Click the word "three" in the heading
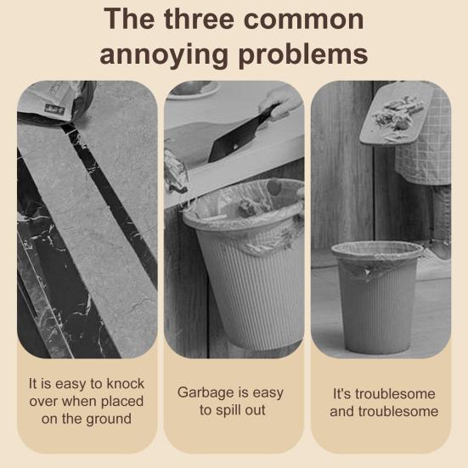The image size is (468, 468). pos(199,19)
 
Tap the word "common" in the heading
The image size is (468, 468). pos(304,20)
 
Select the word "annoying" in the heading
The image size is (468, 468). pos(164,55)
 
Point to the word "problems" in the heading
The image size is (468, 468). pos(303,54)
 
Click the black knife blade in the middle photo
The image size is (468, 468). pos(237,137)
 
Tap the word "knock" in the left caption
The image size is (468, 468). pos(126,384)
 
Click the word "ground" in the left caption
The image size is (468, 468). pos(109,420)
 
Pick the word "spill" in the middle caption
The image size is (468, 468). pos(228,410)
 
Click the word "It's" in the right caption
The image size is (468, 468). pos(341,394)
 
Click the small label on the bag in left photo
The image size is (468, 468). pos(54,108)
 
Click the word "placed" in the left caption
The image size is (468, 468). pos(122,402)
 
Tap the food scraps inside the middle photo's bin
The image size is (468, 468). pos(248,206)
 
